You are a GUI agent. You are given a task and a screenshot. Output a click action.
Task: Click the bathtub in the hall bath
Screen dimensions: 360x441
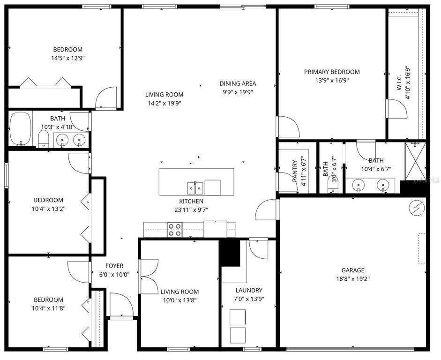point(20,129)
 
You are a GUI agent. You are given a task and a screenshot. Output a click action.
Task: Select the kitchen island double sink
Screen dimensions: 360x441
point(195,188)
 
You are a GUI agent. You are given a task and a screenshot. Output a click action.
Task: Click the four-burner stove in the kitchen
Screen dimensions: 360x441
point(175,230)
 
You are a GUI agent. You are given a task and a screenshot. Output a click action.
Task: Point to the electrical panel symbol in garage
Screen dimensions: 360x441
point(417,207)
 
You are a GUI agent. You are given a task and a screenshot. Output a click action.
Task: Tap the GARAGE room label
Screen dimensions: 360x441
point(352,270)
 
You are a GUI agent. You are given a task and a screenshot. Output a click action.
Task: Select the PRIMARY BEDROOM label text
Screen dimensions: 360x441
point(332,72)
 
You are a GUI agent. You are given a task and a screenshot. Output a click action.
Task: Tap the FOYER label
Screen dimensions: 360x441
point(114,266)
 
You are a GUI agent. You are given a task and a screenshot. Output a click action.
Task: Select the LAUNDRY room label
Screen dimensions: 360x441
point(249,290)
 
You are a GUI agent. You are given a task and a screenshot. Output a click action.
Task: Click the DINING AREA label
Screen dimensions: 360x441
point(238,83)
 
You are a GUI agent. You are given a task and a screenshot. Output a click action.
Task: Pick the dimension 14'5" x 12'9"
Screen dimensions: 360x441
point(68,58)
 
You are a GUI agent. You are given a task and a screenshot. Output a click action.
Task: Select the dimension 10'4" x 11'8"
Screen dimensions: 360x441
point(48,308)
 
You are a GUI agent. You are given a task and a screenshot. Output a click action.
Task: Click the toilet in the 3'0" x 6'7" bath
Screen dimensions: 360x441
point(332,190)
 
